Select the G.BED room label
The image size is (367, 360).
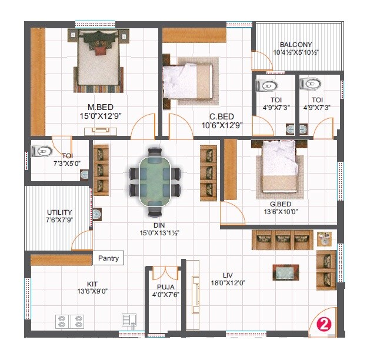(276, 204)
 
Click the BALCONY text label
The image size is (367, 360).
(296, 45)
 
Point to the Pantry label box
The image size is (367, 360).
(108, 258)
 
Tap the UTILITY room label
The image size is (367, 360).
(59, 212)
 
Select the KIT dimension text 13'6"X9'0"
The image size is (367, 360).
(92, 291)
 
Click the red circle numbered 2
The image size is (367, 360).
(323, 324)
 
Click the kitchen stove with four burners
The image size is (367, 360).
(69, 321)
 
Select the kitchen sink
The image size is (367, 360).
(128, 320)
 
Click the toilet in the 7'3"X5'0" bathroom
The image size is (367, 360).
(42, 151)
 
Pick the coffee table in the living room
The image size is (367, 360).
(285, 272)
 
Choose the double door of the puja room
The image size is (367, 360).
(164, 273)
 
